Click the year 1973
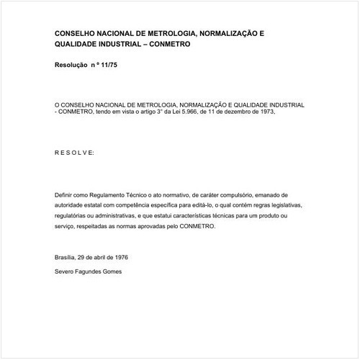[264, 112]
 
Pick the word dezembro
[234, 112]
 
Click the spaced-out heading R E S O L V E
[73, 153]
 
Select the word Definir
[64, 195]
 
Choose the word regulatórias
[72, 215]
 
